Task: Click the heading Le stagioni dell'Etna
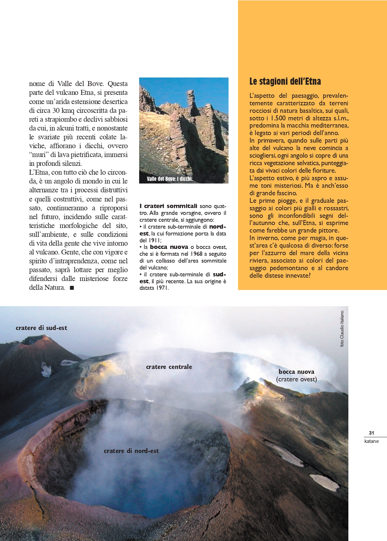pyautogui.click(x=285, y=81)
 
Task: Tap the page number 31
pyautogui.click(x=371, y=433)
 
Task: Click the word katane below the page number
pyautogui.click(x=371, y=441)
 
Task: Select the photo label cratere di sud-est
pyautogui.click(x=41, y=328)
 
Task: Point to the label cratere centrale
pyautogui.click(x=169, y=367)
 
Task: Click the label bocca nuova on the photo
pyautogui.click(x=296, y=372)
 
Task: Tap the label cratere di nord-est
pyautogui.click(x=131, y=451)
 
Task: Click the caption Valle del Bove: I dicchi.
pyautogui.click(x=170, y=179)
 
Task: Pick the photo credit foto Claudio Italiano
pyautogui.click(x=342, y=328)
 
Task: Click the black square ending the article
pyautogui.click(x=72, y=288)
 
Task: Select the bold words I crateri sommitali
pyautogui.click(x=168, y=206)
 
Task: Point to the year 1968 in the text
pyautogui.click(x=196, y=254)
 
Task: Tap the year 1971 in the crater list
pyautogui.click(x=162, y=288)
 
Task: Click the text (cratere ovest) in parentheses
pyautogui.click(x=296, y=379)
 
